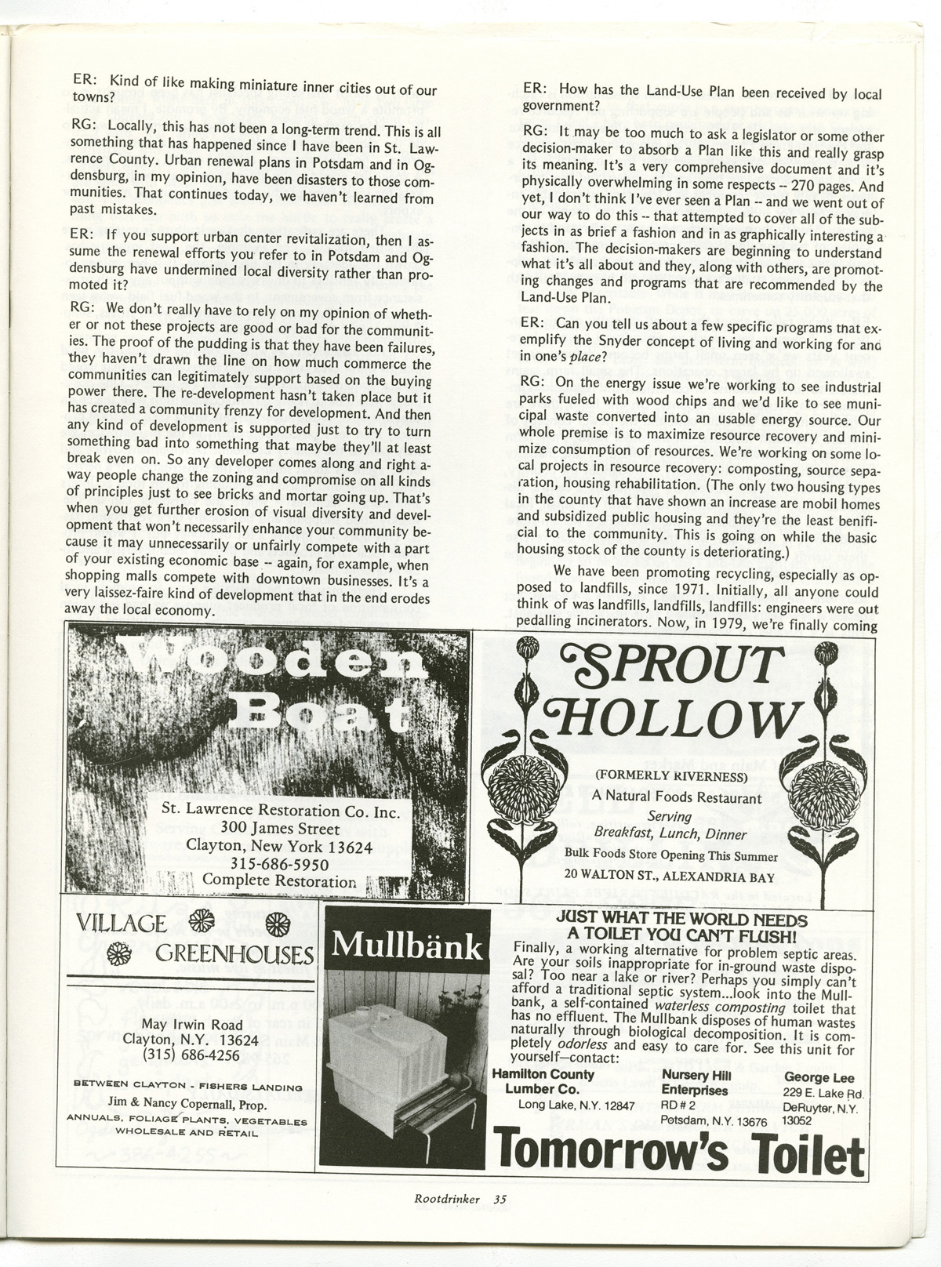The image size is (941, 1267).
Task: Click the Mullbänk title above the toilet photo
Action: [407, 947]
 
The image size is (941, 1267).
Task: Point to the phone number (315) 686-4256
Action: [191, 1055]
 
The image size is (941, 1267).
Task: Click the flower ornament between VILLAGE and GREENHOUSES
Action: [203, 920]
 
